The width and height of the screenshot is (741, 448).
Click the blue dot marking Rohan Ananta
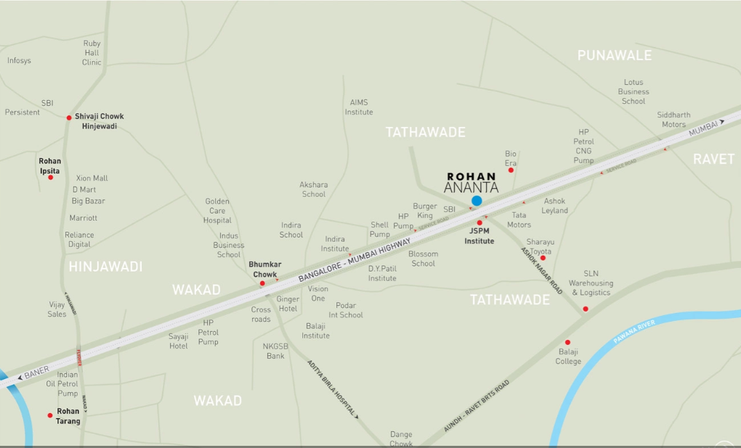tap(477, 200)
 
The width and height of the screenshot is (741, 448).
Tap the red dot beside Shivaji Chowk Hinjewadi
tap(69, 118)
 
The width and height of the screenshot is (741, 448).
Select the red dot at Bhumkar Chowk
tap(262, 284)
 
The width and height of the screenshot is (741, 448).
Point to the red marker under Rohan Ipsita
tap(51, 177)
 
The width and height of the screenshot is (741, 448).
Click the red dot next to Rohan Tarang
tap(50, 415)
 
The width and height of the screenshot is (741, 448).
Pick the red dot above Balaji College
tap(567, 343)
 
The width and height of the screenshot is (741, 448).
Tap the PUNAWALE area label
tap(614, 56)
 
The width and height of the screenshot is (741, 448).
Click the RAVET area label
tap(713, 159)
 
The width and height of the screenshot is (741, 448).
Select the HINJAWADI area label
tap(105, 267)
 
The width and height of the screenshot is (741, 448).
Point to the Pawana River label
tap(633, 331)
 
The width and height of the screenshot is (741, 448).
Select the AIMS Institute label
tap(359, 107)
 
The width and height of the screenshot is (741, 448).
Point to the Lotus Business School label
tap(633, 92)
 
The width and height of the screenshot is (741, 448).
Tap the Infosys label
tap(20, 61)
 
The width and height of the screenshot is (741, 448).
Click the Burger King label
tap(425, 211)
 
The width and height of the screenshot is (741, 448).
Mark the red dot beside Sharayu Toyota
tap(543, 258)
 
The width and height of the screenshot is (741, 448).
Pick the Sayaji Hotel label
tap(179, 341)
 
